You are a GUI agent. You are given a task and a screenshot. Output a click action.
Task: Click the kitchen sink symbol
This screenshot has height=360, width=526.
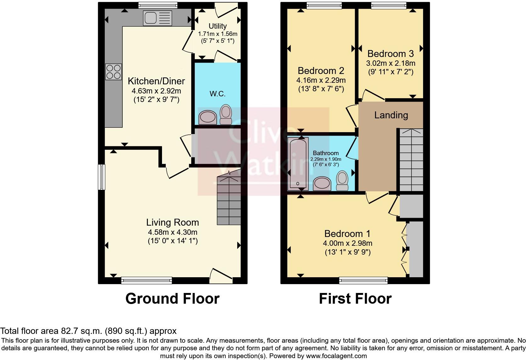pyautogui.click(x=158, y=18)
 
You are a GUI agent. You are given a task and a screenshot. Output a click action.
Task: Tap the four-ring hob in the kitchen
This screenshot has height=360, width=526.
pyautogui.click(x=114, y=71)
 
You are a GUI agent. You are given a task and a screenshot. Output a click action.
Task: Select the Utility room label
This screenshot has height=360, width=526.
pyautogui.click(x=218, y=26)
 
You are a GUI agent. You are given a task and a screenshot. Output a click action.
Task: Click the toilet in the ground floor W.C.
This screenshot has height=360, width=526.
pyautogui.click(x=226, y=115)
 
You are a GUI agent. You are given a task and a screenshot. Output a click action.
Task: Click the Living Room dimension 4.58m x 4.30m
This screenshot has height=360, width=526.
pyautogui.click(x=172, y=232)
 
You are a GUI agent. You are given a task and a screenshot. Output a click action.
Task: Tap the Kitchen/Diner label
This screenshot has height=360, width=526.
pyautogui.click(x=156, y=81)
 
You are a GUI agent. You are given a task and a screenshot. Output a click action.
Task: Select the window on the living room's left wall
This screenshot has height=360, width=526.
pyautogui.click(x=101, y=177)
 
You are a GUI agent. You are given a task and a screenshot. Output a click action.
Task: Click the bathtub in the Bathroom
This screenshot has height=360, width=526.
pyautogui.click(x=298, y=163)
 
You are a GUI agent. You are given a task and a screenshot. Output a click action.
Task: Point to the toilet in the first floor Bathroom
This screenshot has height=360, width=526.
pyautogui.click(x=342, y=181)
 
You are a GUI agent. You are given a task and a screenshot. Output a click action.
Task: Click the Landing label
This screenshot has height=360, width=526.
pyautogui.click(x=391, y=115)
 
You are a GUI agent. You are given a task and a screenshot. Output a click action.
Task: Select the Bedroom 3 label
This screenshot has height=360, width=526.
pyautogui.click(x=390, y=53)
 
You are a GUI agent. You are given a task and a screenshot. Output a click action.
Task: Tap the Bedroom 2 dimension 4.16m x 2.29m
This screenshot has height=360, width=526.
pyautogui.click(x=321, y=80)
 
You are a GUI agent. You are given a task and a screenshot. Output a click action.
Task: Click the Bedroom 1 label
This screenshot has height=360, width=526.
pyautogui.click(x=347, y=234)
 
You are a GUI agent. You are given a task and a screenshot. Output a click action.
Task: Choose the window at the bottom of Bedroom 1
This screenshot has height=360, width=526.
pyautogui.click(x=363, y=280)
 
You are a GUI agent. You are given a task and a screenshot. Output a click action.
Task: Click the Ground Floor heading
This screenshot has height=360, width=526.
pyautogui.click(x=172, y=299)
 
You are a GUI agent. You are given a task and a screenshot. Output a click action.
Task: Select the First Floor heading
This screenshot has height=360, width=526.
pyautogui.click(x=355, y=299)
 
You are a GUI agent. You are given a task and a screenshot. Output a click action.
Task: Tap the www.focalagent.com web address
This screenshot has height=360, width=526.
pyautogui.click(x=336, y=356)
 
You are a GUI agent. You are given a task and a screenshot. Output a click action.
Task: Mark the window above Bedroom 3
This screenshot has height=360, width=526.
pyautogui.click(x=389, y=5)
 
